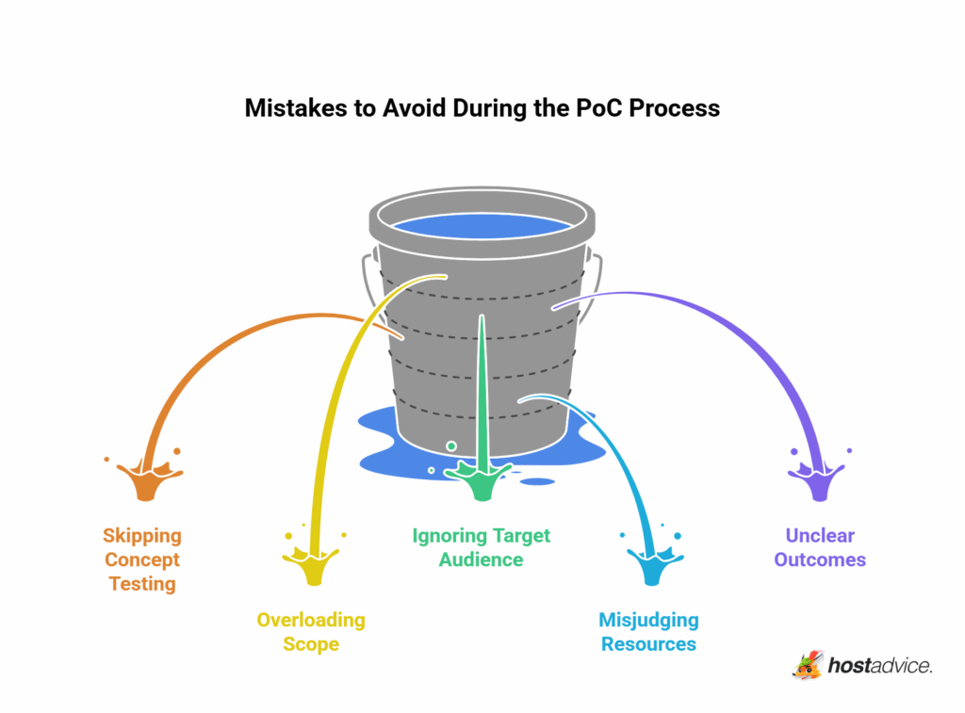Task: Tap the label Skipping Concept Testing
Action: [142, 559]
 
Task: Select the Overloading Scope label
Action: [311, 632]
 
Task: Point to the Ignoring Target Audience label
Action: [482, 547]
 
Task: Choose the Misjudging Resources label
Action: [648, 632]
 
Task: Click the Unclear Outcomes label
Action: [820, 547]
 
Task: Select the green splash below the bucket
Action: [482, 482]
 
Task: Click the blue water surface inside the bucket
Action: [482, 225]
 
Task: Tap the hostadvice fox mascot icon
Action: [808, 665]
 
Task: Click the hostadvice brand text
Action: [881, 666]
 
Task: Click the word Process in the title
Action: [674, 108]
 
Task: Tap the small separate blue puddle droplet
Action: [537, 481]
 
